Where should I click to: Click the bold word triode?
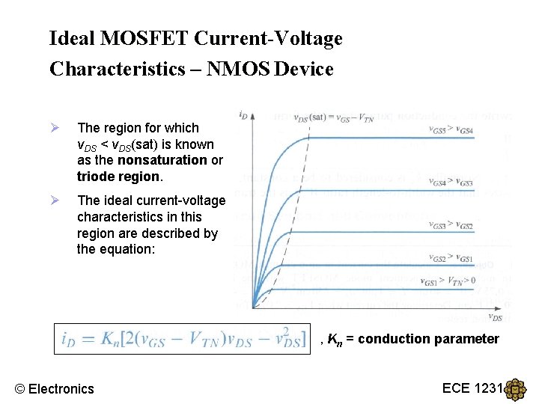coord(94,177)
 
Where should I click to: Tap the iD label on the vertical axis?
coord(243,115)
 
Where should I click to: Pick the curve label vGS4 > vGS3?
coord(451,183)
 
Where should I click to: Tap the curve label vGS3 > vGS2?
coord(451,225)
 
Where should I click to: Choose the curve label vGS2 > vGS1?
coord(451,258)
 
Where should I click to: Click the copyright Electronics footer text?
coord(55,388)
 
